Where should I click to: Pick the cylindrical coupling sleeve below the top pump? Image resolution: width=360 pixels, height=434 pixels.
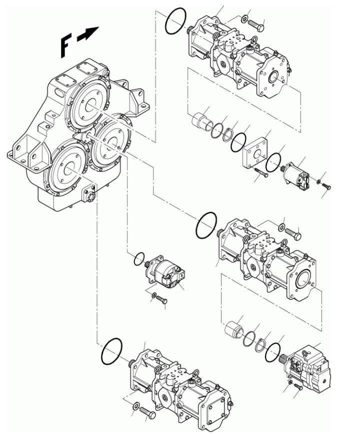click(x=199, y=120)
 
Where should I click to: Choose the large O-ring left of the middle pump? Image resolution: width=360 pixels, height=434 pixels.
click(x=206, y=226)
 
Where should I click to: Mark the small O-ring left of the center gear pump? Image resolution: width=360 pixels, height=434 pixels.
click(x=135, y=259)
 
